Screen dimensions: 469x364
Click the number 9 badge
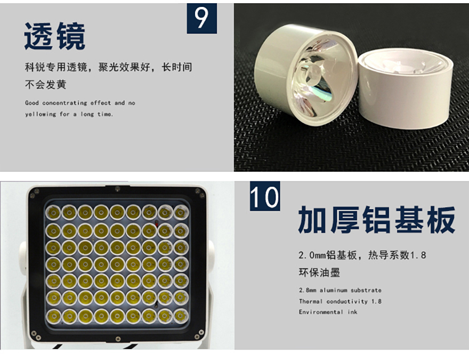pos(202,18)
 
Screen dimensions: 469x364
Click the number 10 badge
pos(265,196)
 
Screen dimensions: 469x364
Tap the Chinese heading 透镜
pos(55,36)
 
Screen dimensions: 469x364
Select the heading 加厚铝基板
pos(377,220)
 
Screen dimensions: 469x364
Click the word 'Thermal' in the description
pos(311,301)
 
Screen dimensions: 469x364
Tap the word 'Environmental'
pos(321,312)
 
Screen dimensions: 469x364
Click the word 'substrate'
pos(366,290)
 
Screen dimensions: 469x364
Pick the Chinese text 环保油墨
pos(319,272)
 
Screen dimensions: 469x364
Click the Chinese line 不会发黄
pos(45,85)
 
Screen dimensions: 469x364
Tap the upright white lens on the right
pos(406,89)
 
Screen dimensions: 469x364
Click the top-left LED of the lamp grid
pos(53,213)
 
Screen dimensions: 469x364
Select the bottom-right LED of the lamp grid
pos(181,316)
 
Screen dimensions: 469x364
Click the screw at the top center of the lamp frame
pos(118,189)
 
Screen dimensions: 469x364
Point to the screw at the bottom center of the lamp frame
pos(118,338)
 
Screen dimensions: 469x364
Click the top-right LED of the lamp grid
pos(181,212)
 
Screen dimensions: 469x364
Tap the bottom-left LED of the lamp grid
pos(54,316)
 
